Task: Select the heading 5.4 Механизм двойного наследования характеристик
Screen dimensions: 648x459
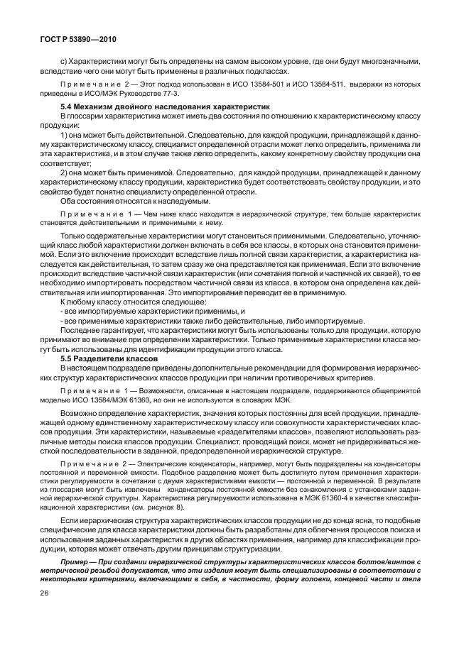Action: point(141,105)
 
